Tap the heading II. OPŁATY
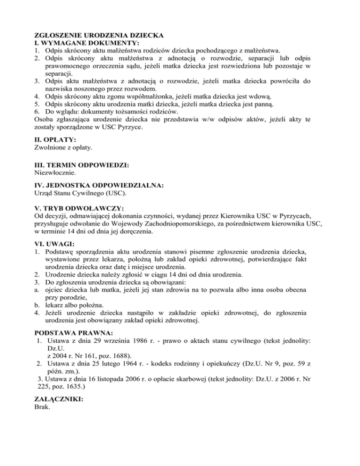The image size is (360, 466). pos(56,140)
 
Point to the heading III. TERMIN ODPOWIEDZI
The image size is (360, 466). pos(76,165)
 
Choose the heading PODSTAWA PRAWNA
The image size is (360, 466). pos(69,330)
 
